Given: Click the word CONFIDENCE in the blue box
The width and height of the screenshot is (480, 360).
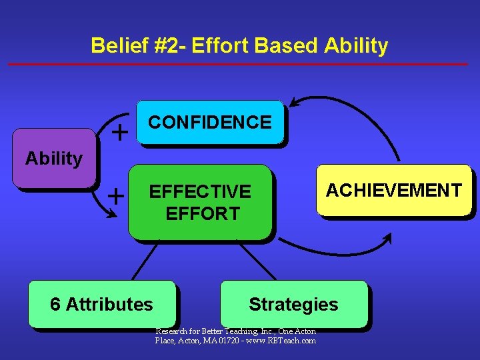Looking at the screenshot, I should pos(209,123).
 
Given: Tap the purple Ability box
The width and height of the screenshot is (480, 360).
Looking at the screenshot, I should pos(54,159).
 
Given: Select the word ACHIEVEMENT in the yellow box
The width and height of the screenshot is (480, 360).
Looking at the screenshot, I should pos(393,191).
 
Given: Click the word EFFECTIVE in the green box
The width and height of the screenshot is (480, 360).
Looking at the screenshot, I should pos(200,192).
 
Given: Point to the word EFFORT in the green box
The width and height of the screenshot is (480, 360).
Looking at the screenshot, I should pos(202,214).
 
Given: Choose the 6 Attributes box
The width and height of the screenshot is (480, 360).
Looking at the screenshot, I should pos(101,305).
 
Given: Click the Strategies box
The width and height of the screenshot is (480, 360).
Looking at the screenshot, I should pos(293,305).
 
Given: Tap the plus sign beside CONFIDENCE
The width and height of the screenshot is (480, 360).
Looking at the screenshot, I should pos(120,133).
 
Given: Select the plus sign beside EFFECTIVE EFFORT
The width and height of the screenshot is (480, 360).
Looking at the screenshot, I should pos(116,196).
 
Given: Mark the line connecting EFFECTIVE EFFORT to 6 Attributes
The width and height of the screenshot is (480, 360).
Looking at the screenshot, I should pos(145,261).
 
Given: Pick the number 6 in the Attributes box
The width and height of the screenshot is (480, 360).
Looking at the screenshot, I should pos(55,305).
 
